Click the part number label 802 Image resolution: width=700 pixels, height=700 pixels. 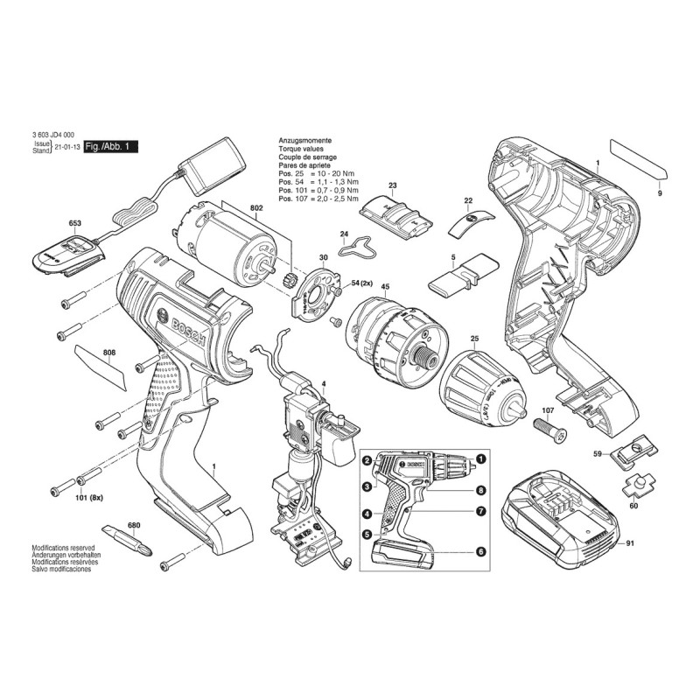click(x=255, y=208)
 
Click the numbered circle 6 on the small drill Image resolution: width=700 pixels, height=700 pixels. click(x=480, y=551)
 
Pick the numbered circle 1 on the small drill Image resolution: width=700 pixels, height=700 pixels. click(x=480, y=459)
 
